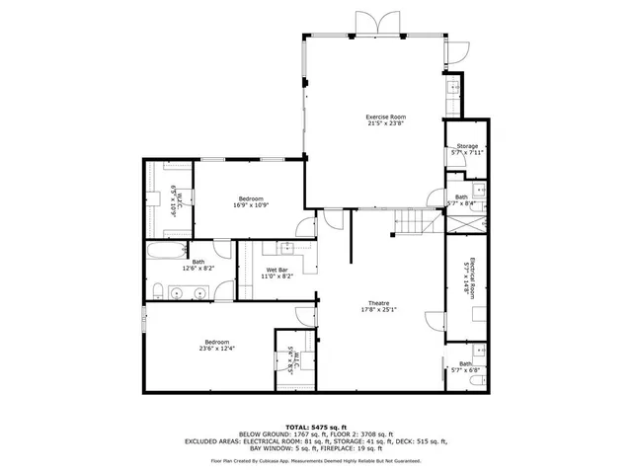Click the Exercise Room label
point(386,120)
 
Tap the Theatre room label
point(379,307)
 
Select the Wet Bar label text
point(276,274)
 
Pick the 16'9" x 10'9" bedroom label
point(250,201)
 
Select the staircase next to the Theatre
point(409,225)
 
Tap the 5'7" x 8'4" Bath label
point(461,199)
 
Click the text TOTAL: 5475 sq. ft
point(315,426)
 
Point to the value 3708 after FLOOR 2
point(354,434)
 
